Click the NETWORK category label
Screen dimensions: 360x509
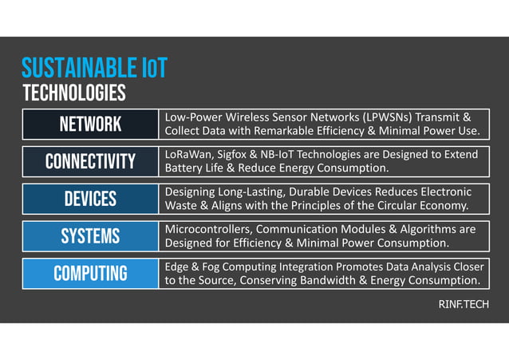pyautogui.click(x=90, y=125)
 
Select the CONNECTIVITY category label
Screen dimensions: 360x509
pyautogui.click(x=90, y=162)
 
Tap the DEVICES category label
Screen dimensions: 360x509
pyautogui.click(x=90, y=199)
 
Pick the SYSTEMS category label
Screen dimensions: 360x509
pyautogui.click(x=90, y=236)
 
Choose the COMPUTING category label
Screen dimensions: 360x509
pyautogui.click(x=90, y=274)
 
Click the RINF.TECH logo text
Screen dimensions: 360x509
pyautogui.click(x=464, y=305)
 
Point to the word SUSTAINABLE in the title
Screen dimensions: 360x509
pyautogui.click(x=77, y=68)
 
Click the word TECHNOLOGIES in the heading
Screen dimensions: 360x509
pyautogui.click(x=73, y=93)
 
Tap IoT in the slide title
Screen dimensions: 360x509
pyautogui.click(x=151, y=68)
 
